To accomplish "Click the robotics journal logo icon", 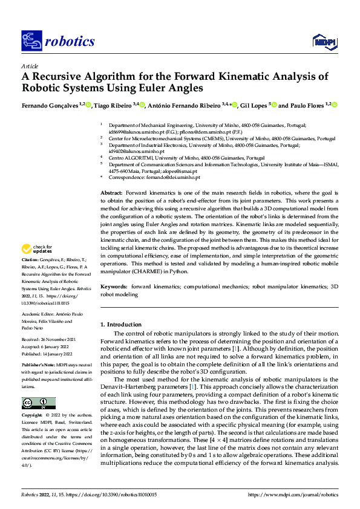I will point(31,41).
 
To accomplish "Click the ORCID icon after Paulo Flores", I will point(334,105).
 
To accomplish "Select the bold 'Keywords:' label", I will point(114,287).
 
